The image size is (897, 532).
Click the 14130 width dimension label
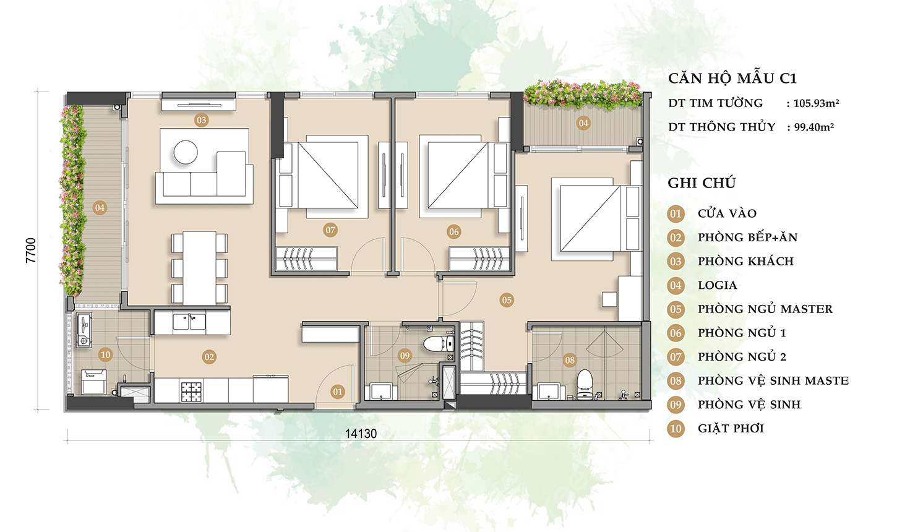pyautogui.click(x=361, y=434)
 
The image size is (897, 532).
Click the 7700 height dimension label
pyautogui.click(x=31, y=250)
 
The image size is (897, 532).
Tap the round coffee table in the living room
pyautogui.click(x=186, y=152)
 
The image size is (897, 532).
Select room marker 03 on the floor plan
pyautogui.click(x=201, y=119)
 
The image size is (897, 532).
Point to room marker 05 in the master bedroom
pyautogui.click(x=507, y=300)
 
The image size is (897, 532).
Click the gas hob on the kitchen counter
pyautogui.click(x=191, y=392)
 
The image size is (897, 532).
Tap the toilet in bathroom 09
pyautogui.click(x=439, y=343)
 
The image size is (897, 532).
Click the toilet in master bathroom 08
pyautogui.click(x=585, y=384)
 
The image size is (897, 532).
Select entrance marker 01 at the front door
pyautogui.click(x=338, y=392)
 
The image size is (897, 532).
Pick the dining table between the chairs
pyautogui.click(x=199, y=268)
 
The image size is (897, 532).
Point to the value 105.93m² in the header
pyautogui.click(x=816, y=103)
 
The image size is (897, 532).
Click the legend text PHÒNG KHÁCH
pyautogui.click(x=745, y=261)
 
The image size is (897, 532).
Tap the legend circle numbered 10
pyautogui.click(x=676, y=429)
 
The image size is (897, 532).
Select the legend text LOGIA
pyautogui.click(x=717, y=285)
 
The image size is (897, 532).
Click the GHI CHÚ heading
pyautogui.click(x=702, y=182)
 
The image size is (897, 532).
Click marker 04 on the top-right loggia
pyautogui.click(x=583, y=123)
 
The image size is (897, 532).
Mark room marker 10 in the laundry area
pyautogui.click(x=105, y=354)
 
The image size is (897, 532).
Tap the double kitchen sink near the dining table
pyautogui.click(x=189, y=322)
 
